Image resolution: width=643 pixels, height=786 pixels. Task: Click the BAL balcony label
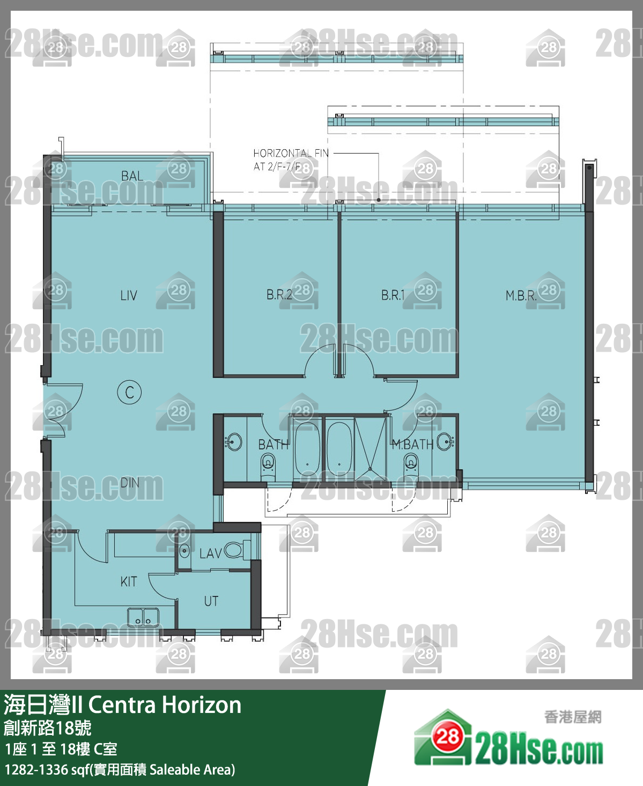point(132,176)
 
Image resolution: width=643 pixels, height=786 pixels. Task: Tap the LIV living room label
point(129,295)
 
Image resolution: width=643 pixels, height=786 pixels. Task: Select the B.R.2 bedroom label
point(279,295)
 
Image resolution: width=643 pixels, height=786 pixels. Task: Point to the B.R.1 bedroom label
point(393,295)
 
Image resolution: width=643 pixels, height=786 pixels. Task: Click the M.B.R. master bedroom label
point(521,295)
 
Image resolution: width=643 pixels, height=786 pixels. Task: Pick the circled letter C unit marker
point(129,392)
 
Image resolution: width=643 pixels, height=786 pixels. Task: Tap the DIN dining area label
point(130,483)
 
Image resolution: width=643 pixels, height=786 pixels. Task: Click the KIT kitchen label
point(129,581)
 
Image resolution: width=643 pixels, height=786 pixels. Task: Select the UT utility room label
point(211,601)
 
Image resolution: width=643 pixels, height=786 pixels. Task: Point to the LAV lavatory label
point(211,554)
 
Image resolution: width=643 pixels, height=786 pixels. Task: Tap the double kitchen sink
point(143,617)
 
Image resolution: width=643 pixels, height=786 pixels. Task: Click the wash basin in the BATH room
point(233,442)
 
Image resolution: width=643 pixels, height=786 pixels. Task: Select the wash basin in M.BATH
point(445,442)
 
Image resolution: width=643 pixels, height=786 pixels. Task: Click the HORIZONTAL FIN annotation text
point(291,160)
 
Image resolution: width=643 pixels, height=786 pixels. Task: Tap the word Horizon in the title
point(202,705)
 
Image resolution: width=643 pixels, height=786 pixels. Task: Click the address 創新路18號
point(47,728)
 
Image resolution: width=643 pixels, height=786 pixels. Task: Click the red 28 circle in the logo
point(447,736)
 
